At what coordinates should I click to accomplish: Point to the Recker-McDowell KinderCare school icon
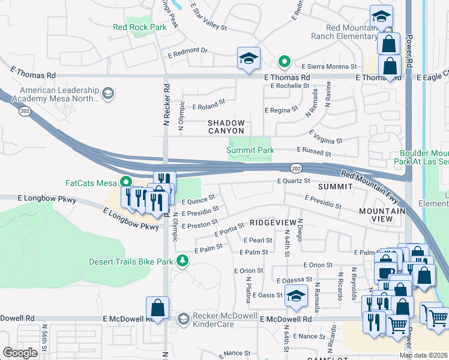[x=184, y=318]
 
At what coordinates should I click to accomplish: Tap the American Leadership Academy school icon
[x=107, y=92]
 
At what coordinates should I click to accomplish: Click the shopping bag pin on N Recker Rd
[x=157, y=308]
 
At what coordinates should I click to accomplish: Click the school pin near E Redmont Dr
[x=249, y=59]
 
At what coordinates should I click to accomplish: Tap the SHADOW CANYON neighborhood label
[x=226, y=127]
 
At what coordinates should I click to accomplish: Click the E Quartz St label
[x=293, y=181]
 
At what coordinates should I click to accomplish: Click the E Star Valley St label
[x=208, y=18]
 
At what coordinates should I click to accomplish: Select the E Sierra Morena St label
[x=329, y=67]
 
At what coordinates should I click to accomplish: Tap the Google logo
[x=20, y=352]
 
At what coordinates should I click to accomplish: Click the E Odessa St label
[x=294, y=280]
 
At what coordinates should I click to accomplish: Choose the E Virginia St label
[x=325, y=136]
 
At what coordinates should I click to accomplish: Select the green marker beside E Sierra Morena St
[x=285, y=62]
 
